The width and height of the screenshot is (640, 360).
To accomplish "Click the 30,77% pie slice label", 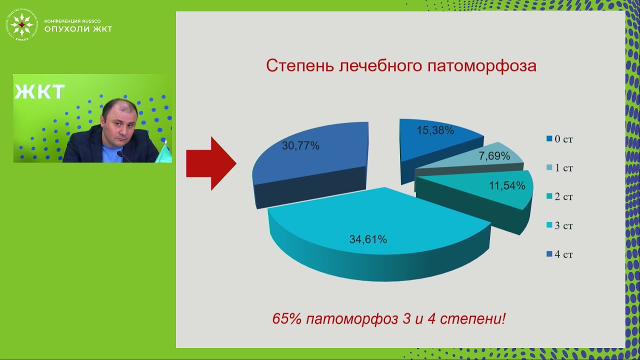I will pyautogui.click(x=300, y=146).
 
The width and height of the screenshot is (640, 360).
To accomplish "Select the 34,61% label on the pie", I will pyautogui.click(x=368, y=239).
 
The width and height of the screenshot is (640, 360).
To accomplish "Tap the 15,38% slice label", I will pyautogui.click(x=435, y=130).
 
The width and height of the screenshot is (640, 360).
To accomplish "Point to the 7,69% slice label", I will pyautogui.click(x=494, y=156).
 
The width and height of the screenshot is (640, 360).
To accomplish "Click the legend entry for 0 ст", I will pyautogui.click(x=559, y=139).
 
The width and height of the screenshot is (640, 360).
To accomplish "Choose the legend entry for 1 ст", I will pyautogui.click(x=559, y=168).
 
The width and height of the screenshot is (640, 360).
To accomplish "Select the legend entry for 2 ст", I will pyautogui.click(x=559, y=197).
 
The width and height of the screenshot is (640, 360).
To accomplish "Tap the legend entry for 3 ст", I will pyautogui.click(x=559, y=226).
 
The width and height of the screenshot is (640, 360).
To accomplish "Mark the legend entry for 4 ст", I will pyautogui.click(x=559, y=255).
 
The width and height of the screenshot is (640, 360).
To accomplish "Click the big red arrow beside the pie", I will pyautogui.click(x=210, y=163).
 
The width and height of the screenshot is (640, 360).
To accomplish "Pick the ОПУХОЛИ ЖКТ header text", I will pyautogui.click(x=78, y=29).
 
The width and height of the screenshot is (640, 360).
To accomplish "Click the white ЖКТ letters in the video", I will pyautogui.click(x=39, y=92).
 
